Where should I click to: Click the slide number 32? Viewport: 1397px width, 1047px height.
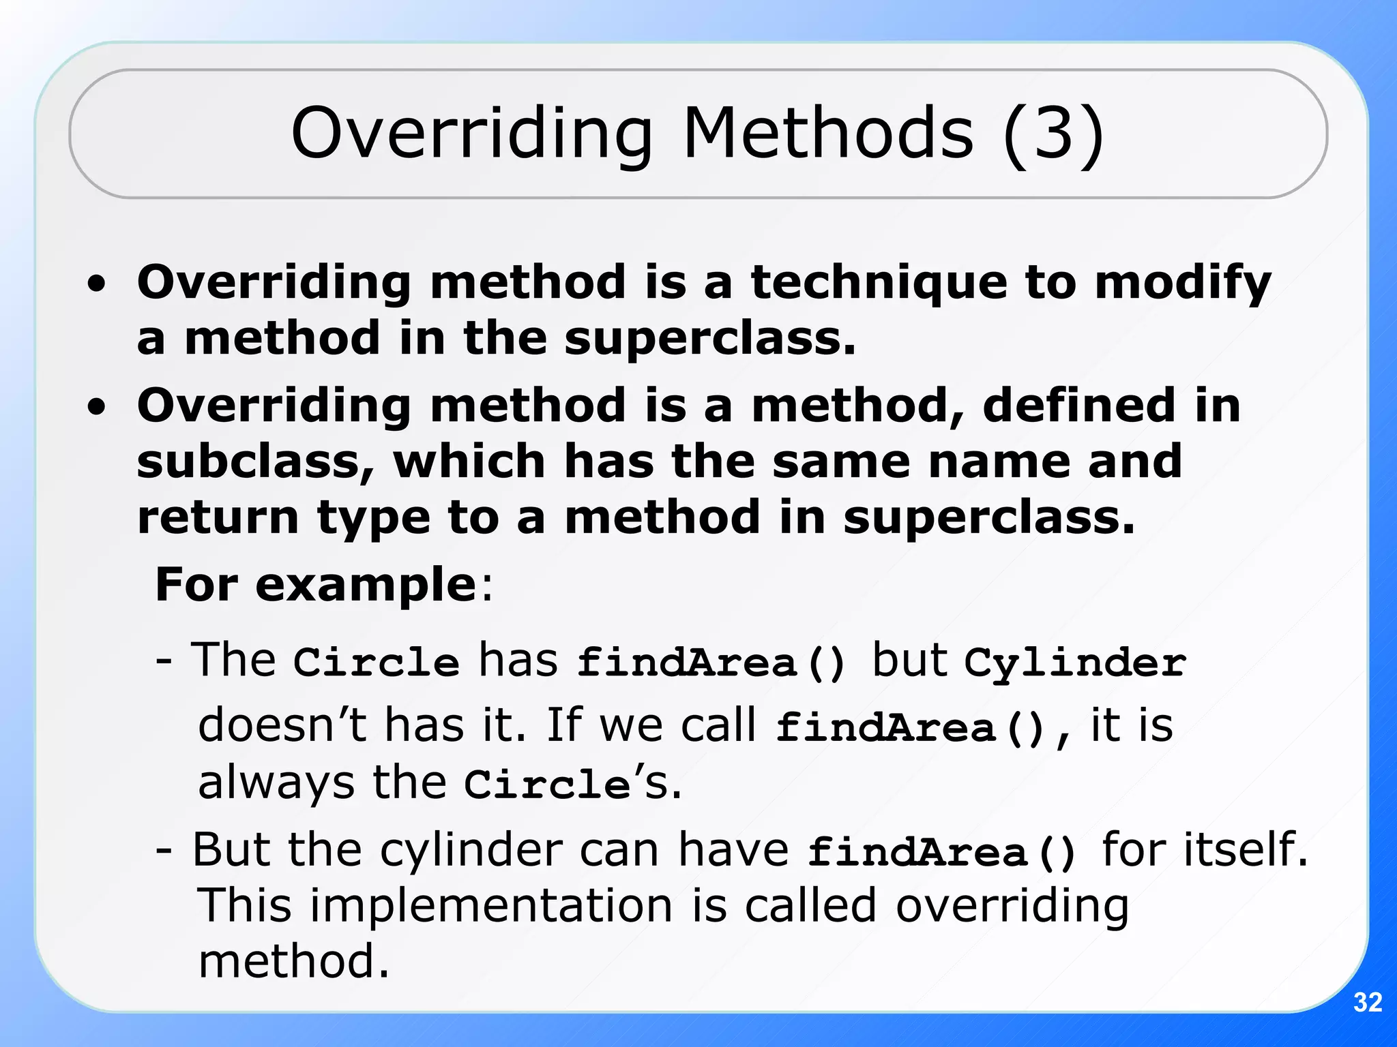coord(1367,1002)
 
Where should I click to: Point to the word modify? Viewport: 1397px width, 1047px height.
coord(1183,284)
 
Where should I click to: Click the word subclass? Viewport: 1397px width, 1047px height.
coord(255,461)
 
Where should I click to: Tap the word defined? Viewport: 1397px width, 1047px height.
coord(1078,406)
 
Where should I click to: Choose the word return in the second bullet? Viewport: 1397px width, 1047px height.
coord(218,517)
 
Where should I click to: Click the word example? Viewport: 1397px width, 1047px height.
coord(366,585)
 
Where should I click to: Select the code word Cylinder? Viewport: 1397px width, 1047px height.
coord(1075,663)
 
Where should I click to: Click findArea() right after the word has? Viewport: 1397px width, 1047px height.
coord(711,663)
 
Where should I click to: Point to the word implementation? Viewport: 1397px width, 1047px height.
coord(492,907)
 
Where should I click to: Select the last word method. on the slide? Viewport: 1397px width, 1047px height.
coord(293,961)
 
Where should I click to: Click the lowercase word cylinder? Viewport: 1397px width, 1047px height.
coord(471,851)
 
